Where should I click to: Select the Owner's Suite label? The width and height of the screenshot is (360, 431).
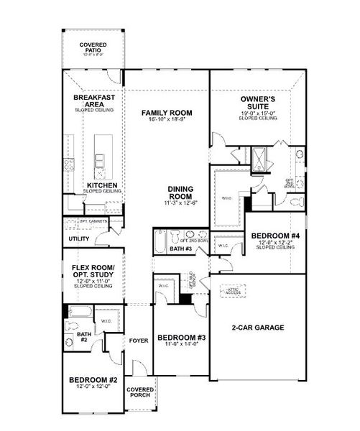point(254,102)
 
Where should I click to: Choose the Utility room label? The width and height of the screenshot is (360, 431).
point(79,238)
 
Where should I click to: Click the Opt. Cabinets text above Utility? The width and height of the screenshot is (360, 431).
point(93,221)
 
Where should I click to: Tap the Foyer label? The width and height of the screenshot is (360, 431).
point(138,340)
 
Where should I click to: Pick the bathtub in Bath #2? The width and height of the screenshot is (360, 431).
point(80,312)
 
